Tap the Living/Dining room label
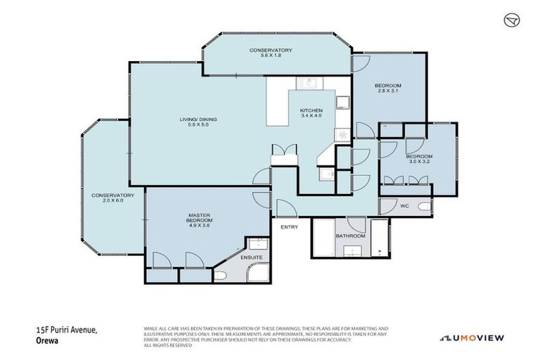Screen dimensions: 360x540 click(198, 123)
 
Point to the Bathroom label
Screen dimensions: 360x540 click(349, 236)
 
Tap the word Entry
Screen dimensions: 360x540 click(289, 227)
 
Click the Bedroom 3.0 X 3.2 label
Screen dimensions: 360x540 click(418, 159)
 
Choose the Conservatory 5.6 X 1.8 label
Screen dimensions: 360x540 click(271, 53)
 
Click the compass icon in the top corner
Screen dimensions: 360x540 click(511, 20)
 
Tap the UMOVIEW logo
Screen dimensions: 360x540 click(472, 338)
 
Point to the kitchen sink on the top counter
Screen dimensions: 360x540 click(309, 84)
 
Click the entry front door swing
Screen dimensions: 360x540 click(285, 208)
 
